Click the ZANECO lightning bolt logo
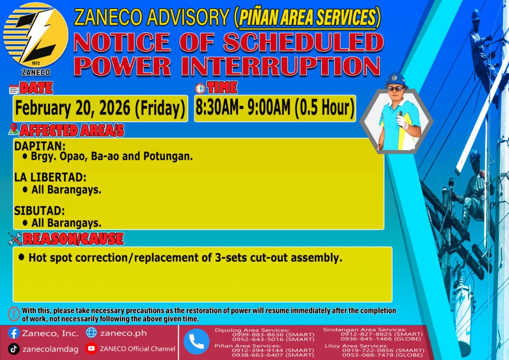(36, 35)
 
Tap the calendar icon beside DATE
(14, 90)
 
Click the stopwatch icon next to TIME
(200, 88)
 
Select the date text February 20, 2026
(73, 108)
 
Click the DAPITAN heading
(40, 146)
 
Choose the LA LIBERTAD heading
(50, 177)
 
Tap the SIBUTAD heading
(39, 211)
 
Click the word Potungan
(168, 157)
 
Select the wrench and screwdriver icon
(15, 239)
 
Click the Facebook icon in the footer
(13, 333)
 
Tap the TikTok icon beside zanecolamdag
(13, 349)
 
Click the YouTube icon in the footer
(91, 348)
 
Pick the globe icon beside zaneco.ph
(91, 333)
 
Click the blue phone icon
(196, 342)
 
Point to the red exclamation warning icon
(13, 314)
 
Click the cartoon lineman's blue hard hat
(396, 80)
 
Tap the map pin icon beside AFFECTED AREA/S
(13, 129)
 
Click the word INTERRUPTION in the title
(280, 66)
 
